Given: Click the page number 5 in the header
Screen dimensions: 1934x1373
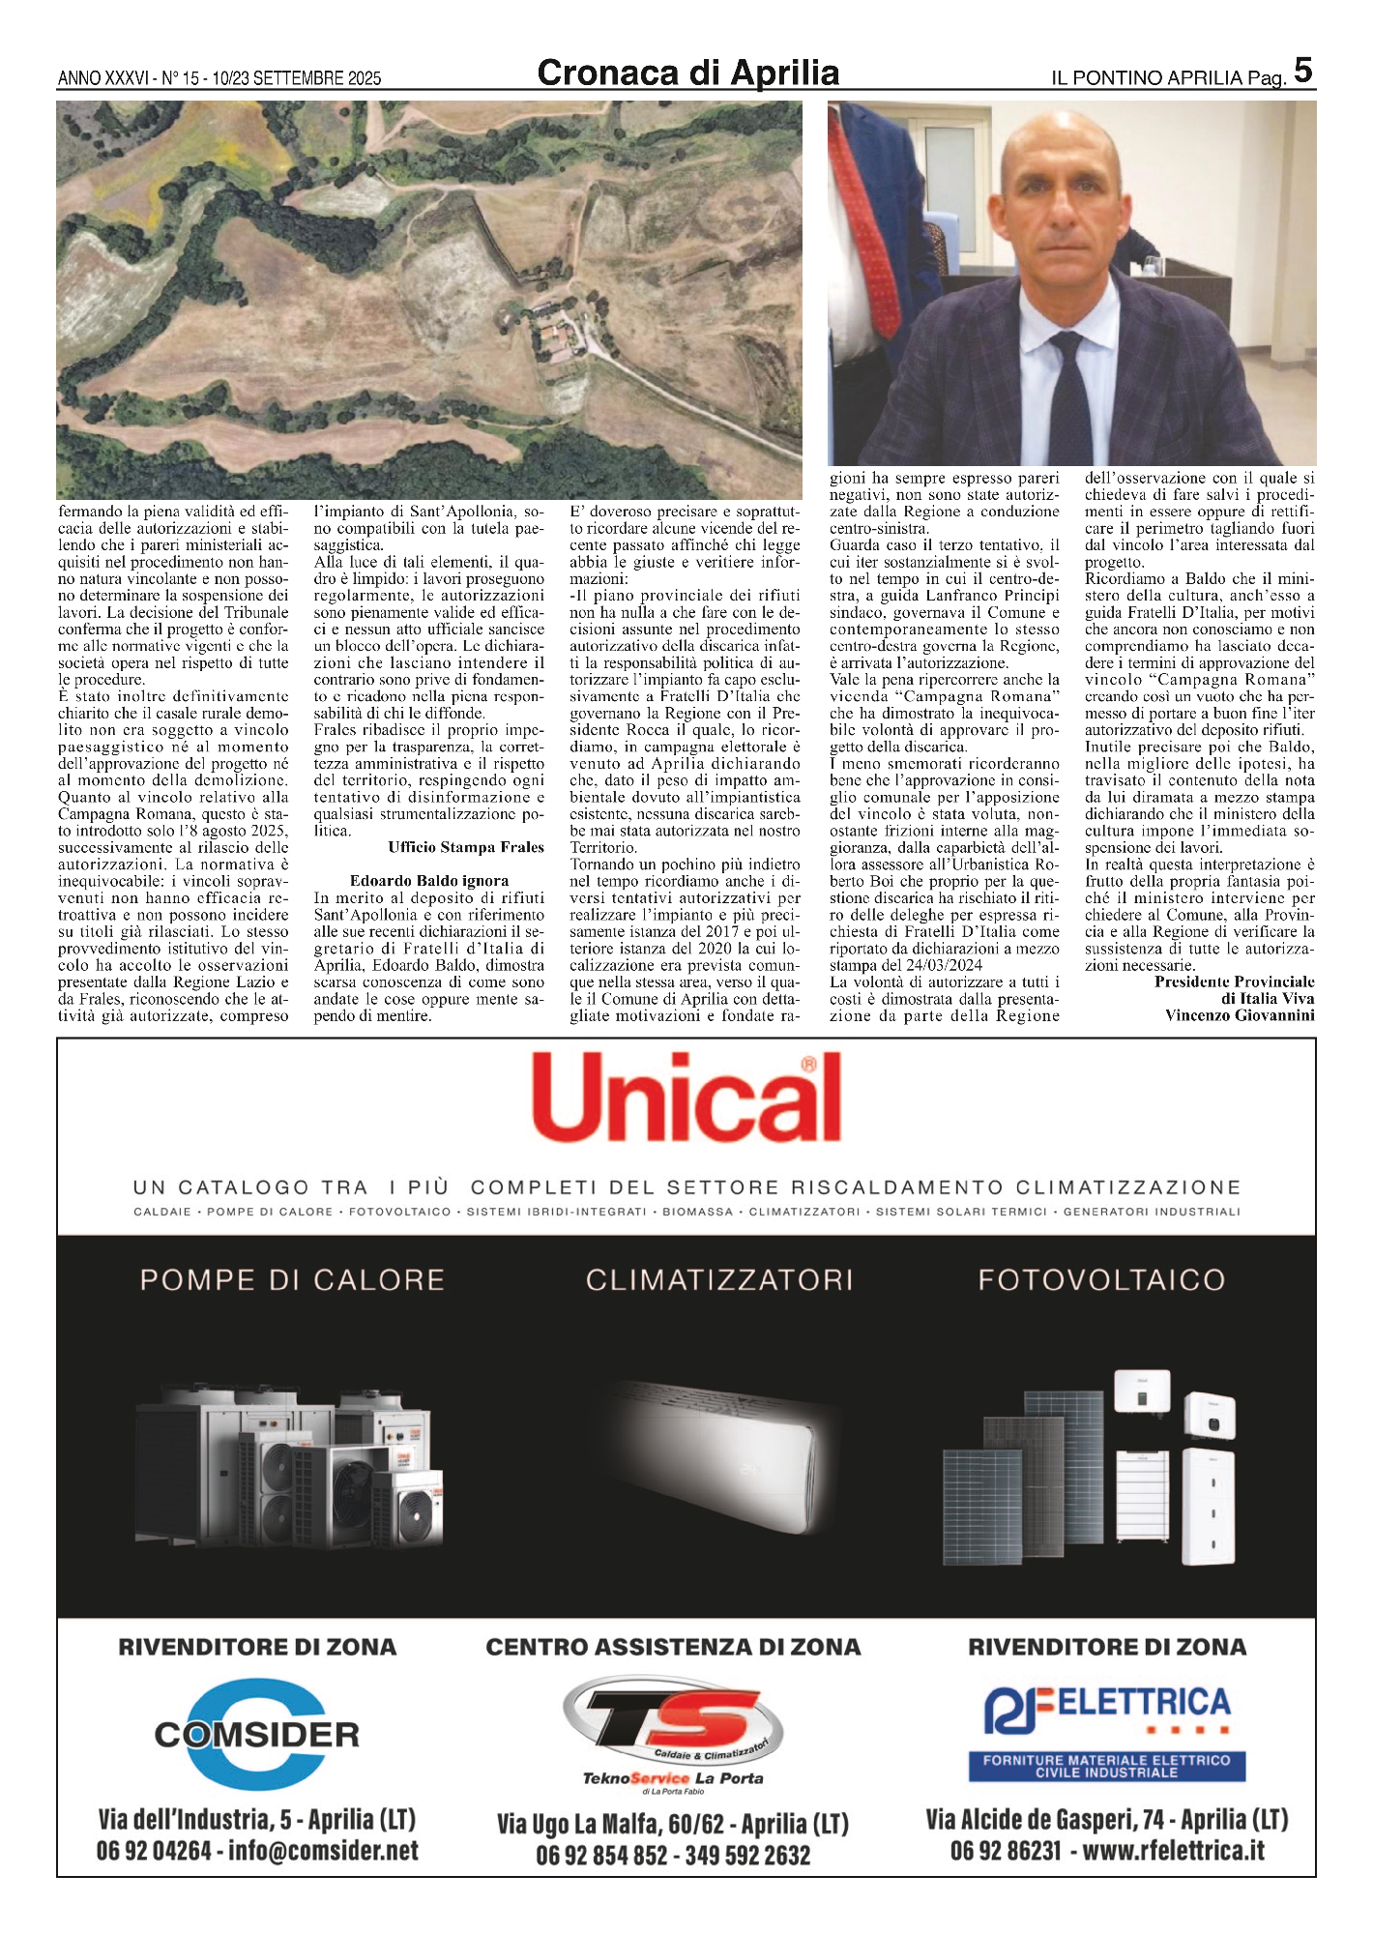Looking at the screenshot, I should point(1302,71).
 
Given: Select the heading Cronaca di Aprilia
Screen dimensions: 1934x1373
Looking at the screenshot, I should point(687,73).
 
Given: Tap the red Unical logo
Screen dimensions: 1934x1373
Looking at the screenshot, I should point(686,1099).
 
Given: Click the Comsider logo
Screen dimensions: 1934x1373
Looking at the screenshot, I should point(256,1734).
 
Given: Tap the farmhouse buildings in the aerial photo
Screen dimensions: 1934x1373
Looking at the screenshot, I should point(560,339).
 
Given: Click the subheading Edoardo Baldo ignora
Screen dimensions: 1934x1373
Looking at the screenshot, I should point(428,881).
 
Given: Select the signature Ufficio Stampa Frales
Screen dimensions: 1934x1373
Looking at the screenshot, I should point(466,847).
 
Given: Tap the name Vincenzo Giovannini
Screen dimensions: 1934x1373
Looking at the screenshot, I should point(1240,1015).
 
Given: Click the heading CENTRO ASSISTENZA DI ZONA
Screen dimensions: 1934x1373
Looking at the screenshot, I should point(673,1647).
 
